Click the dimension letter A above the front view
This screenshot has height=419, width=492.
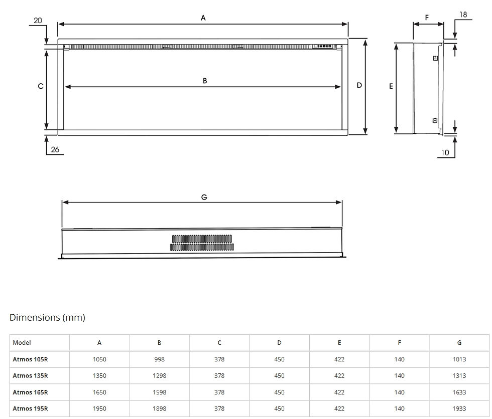click(x=203, y=18)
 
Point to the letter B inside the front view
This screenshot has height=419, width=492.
click(x=205, y=81)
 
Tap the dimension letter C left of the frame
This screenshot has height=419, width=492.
click(x=41, y=86)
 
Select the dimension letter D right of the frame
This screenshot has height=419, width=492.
click(x=359, y=85)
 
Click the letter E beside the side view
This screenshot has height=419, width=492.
click(x=391, y=86)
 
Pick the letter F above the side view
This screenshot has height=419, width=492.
click(x=427, y=18)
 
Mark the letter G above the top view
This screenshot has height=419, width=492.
click(x=204, y=197)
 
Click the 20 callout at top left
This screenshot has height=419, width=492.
click(x=38, y=21)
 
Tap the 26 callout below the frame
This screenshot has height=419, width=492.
click(x=55, y=150)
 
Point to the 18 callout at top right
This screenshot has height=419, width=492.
click(x=463, y=15)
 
